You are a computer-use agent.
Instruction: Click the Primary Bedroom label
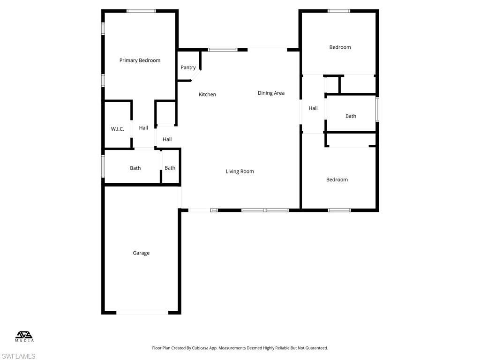click(140, 60)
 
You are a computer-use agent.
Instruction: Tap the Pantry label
click(188, 67)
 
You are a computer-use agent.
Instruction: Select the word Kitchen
click(207, 95)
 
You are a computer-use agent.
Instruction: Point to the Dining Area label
click(271, 93)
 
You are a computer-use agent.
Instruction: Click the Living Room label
click(240, 172)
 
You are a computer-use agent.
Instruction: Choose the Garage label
click(141, 253)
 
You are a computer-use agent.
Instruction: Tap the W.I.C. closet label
click(117, 129)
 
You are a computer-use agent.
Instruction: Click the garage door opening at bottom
click(142, 312)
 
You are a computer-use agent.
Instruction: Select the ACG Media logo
click(25, 336)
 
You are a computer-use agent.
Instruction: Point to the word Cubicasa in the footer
click(208, 348)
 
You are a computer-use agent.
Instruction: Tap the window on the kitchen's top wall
click(223, 49)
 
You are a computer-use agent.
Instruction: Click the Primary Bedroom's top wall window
click(141, 11)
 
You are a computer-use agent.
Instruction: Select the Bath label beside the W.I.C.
click(135, 168)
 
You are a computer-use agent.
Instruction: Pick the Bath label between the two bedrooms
click(351, 116)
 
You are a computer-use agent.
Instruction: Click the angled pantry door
click(196, 76)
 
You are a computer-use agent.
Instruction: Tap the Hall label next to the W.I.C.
click(143, 128)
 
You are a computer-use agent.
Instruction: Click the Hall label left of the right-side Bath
click(313, 108)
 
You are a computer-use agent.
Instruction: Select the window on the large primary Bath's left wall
click(103, 166)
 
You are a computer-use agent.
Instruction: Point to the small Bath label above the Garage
click(170, 168)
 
